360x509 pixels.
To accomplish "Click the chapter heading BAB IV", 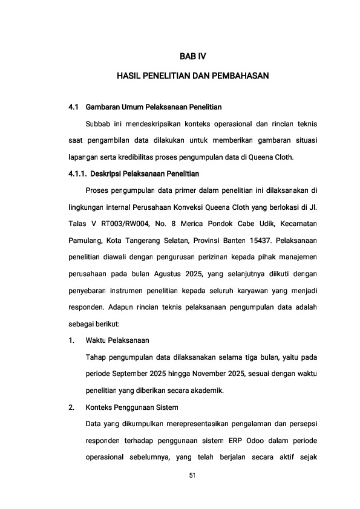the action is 193,56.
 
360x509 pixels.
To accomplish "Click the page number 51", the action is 193,475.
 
